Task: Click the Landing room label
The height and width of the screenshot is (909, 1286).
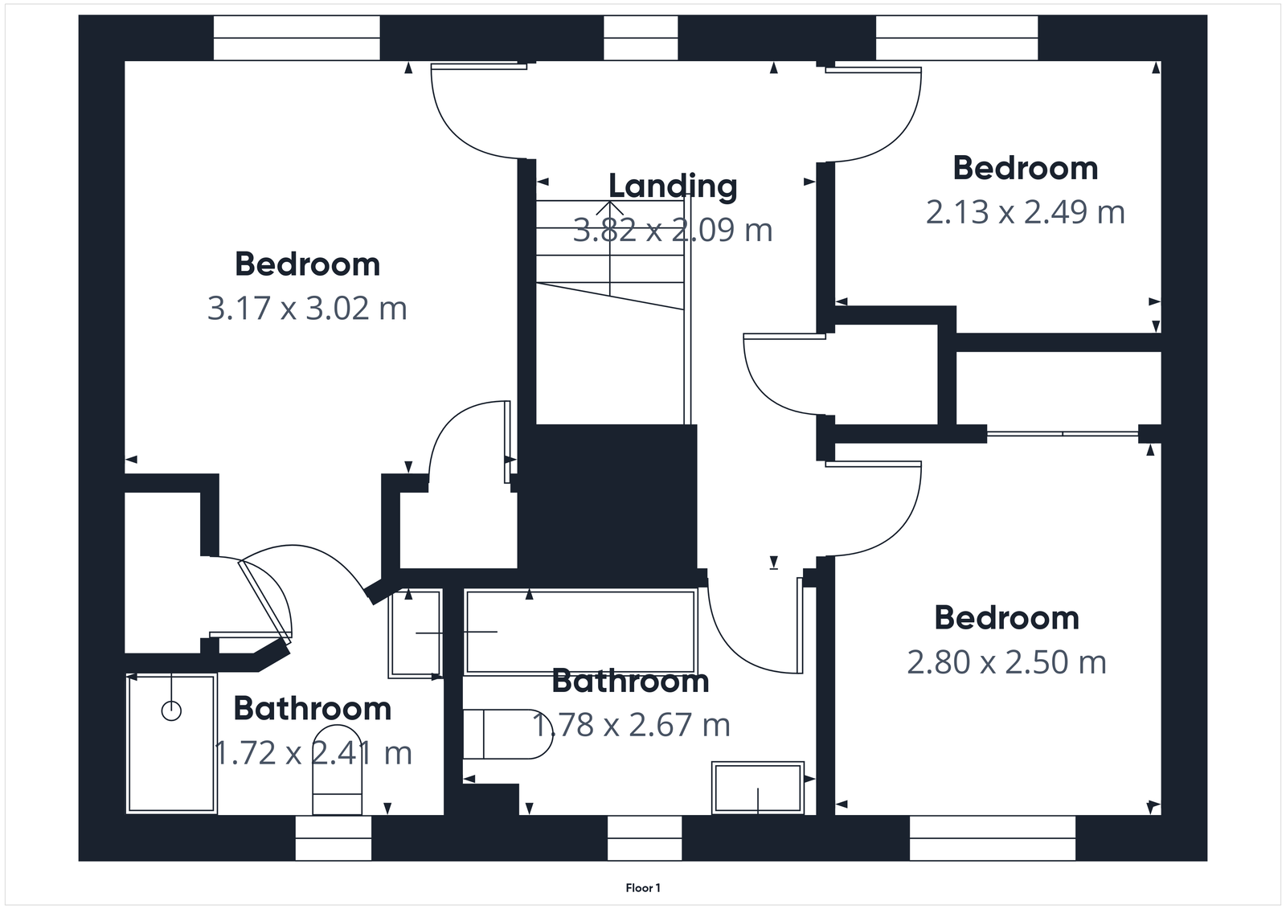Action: pyautogui.click(x=673, y=186)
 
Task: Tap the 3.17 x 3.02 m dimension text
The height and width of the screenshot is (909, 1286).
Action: pyautogui.click(x=307, y=309)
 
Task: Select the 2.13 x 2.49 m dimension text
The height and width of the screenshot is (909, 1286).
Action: pyautogui.click(x=1025, y=212)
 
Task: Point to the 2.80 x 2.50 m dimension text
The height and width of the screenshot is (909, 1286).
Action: pyautogui.click(x=1006, y=662)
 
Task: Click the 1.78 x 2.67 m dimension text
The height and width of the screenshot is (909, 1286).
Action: pyautogui.click(x=632, y=725)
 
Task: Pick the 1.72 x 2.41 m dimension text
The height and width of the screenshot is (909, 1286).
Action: pyautogui.click(x=313, y=753)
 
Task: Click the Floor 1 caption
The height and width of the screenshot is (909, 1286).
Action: pyautogui.click(x=643, y=888)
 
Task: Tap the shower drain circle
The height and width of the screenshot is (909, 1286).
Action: pyautogui.click(x=171, y=710)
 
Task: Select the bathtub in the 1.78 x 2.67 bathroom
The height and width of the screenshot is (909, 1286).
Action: pyautogui.click(x=580, y=632)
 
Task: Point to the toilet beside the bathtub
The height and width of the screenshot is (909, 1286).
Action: pyautogui.click(x=506, y=733)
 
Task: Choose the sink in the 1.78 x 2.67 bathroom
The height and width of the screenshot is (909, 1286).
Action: pyautogui.click(x=757, y=788)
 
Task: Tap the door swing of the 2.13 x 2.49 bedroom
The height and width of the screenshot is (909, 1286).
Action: pyautogui.click(x=884, y=121)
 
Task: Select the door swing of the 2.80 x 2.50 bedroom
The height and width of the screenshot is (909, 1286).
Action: pyautogui.click(x=884, y=514)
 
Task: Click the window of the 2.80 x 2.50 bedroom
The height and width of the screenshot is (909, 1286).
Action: pyautogui.click(x=992, y=837)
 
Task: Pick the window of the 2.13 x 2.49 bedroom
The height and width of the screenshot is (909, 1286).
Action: pyautogui.click(x=956, y=38)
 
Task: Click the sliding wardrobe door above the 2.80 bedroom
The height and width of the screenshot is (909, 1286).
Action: pyautogui.click(x=1062, y=434)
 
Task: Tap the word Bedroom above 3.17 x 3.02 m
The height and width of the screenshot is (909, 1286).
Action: pyautogui.click(x=307, y=264)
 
